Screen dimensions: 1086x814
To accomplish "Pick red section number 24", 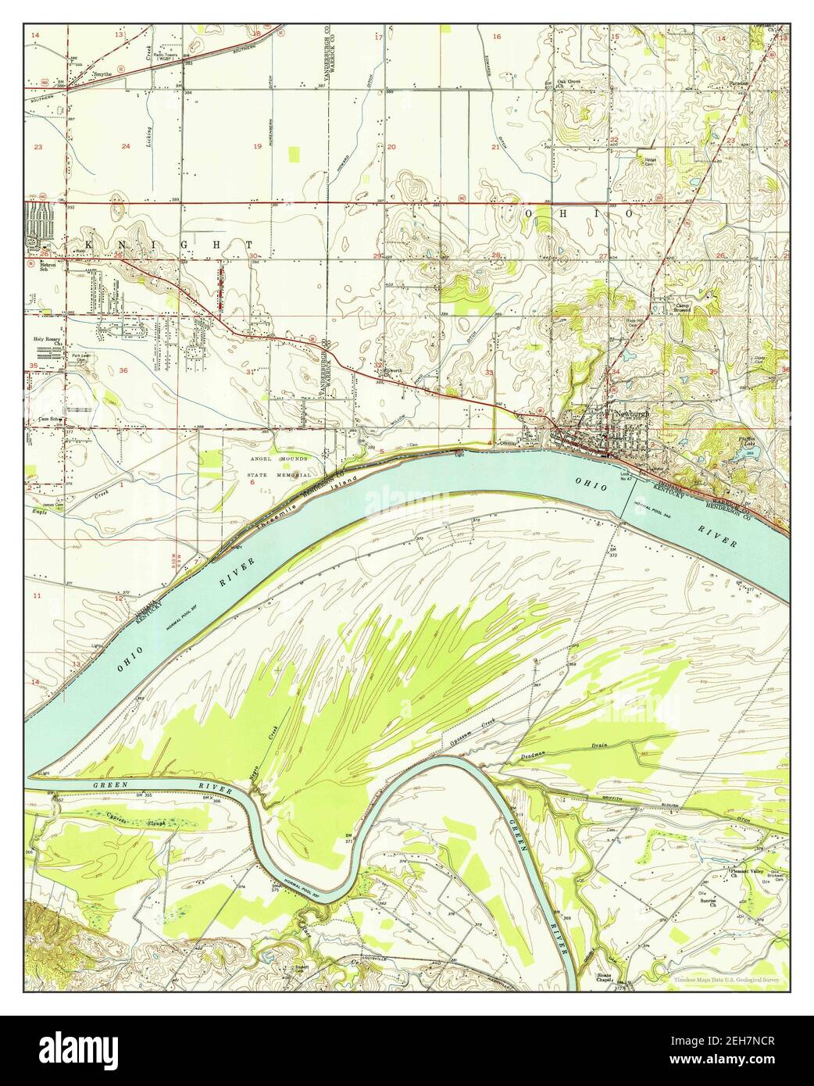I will [126, 147].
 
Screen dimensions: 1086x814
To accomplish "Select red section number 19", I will [258, 147].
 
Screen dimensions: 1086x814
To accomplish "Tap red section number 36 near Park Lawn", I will [123, 370].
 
